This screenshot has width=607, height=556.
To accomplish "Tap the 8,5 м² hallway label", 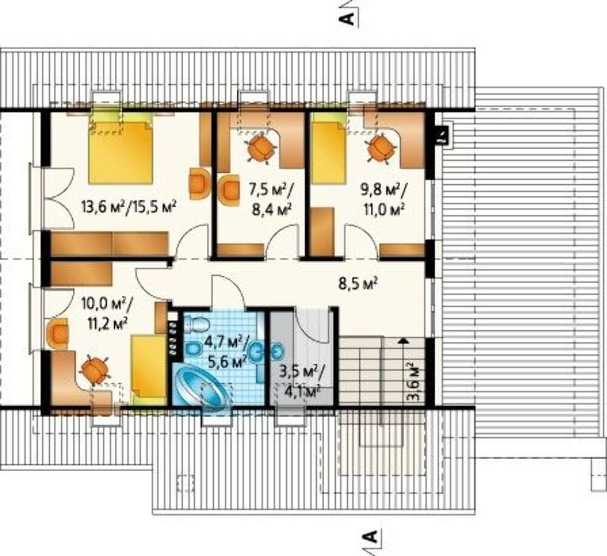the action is point(358,284).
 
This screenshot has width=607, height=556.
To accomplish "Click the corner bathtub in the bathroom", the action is point(201,386).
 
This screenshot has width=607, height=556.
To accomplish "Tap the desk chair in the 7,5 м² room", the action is point(261,147).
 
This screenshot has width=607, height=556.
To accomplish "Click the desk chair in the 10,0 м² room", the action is point(94,370).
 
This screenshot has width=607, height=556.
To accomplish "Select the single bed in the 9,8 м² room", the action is point(329,151).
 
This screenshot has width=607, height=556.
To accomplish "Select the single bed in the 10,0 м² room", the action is point(148,370).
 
